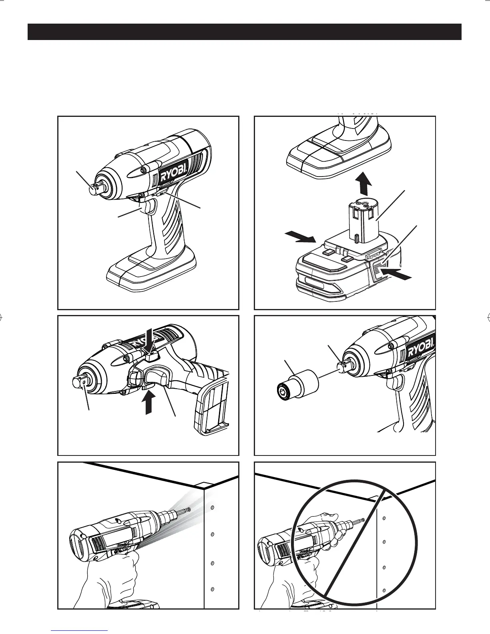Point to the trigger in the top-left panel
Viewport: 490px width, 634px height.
[x=148, y=208]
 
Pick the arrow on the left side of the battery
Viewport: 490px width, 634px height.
[x=301, y=237]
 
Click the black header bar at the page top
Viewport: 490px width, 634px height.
[x=244, y=32]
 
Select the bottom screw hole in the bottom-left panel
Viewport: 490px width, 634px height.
[x=213, y=589]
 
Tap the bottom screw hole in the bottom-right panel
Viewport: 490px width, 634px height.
[x=384, y=590]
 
